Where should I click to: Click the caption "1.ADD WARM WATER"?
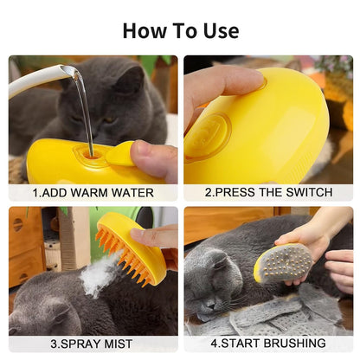coord(93,193)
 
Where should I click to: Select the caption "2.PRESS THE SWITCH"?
coord(267,193)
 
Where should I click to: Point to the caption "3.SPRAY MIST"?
coord(93,344)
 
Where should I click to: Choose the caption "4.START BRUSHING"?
coord(267,344)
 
